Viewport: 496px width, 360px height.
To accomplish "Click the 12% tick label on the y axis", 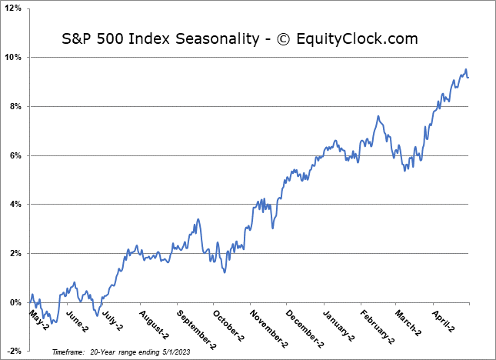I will coord(15,8).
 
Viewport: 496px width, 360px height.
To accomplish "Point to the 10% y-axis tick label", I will coord(15,58).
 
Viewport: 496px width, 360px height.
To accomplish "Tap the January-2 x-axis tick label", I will coord(338,325).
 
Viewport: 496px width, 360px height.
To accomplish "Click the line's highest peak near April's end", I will coord(465,69).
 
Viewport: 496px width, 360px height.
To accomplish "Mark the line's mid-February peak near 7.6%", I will coord(378,116).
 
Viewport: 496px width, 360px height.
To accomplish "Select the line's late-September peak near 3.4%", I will coord(198,219).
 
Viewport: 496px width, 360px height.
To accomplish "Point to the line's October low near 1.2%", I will coord(224,272).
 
